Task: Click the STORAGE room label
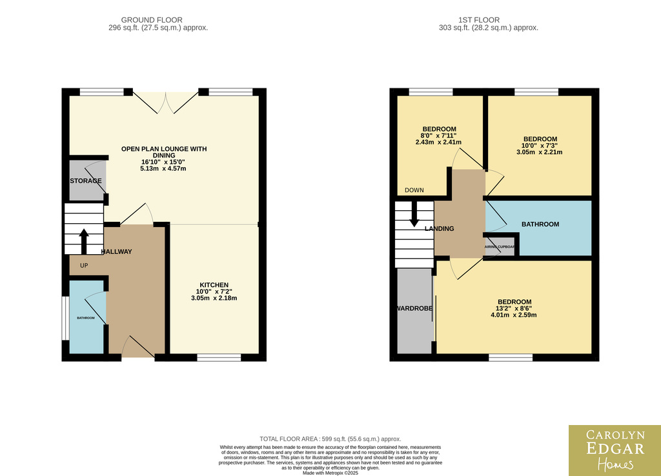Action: click(x=86, y=181)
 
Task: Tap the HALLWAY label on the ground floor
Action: click(x=116, y=252)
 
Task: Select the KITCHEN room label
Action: click(x=214, y=284)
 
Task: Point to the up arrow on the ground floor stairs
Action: click(x=84, y=241)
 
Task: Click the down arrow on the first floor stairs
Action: click(x=414, y=214)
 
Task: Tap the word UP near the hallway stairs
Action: click(x=84, y=265)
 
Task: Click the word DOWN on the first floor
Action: click(x=414, y=190)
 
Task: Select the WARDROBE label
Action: click(x=415, y=308)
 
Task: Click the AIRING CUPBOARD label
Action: click(x=500, y=247)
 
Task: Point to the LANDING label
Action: click(x=439, y=229)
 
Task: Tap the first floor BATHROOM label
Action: click(x=540, y=224)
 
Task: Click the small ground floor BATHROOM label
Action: click(x=86, y=318)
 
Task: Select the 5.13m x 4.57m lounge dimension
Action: click(x=163, y=168)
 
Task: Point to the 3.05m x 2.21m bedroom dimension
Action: click(x=539, y=152)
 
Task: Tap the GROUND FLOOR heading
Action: click(x=152, y=20)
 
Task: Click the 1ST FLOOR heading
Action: click(x=479, y=20)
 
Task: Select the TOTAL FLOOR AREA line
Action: click(x=330, y=439)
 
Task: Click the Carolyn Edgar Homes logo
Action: click(x=615, y=450)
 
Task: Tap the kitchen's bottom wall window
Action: click(x=219, y=357)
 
